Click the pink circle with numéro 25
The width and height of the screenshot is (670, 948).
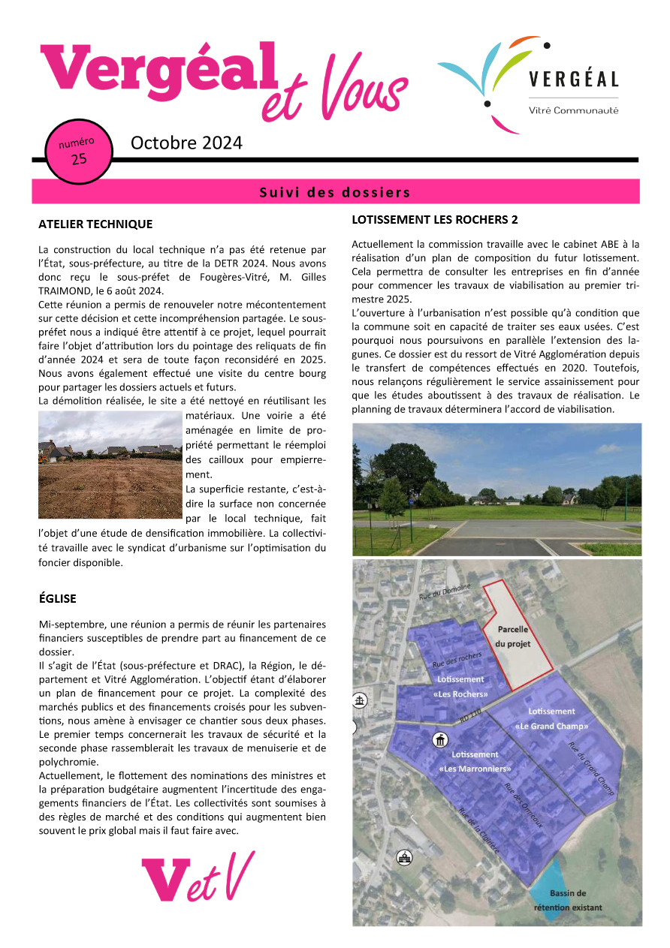tap(78, 151)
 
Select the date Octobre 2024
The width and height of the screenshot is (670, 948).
tap(186, 143)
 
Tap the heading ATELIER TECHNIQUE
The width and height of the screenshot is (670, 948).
tap(95, 224)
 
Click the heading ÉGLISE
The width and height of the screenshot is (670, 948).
tap(58, 598)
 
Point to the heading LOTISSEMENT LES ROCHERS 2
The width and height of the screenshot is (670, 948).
tap(435, 220)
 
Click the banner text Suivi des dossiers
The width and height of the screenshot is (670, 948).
tap(335, 192)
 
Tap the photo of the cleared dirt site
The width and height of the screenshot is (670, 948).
tap(110, 465)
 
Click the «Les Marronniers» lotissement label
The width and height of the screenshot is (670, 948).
tap(475, 762)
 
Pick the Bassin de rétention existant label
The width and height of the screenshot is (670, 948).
tap(568, 900)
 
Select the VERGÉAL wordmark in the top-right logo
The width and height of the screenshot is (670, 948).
tap(573, 79)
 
